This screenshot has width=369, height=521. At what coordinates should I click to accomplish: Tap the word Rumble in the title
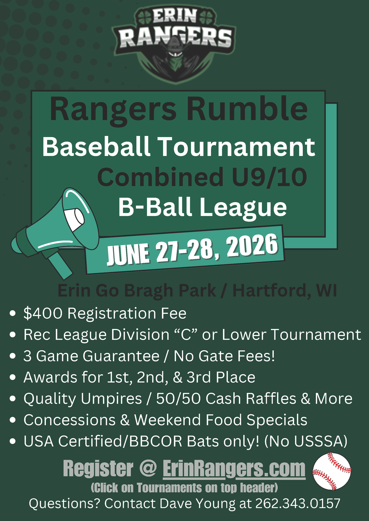247,109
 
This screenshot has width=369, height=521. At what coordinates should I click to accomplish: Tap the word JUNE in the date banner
128,254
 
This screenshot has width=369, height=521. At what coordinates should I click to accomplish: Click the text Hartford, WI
285,290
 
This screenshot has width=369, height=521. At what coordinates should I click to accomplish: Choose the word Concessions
70,420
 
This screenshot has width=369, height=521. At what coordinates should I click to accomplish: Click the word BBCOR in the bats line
155,442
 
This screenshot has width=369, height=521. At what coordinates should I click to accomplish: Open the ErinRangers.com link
234,469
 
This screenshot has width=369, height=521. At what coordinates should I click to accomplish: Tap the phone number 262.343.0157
298,504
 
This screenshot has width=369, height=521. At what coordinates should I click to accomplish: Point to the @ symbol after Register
148,468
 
